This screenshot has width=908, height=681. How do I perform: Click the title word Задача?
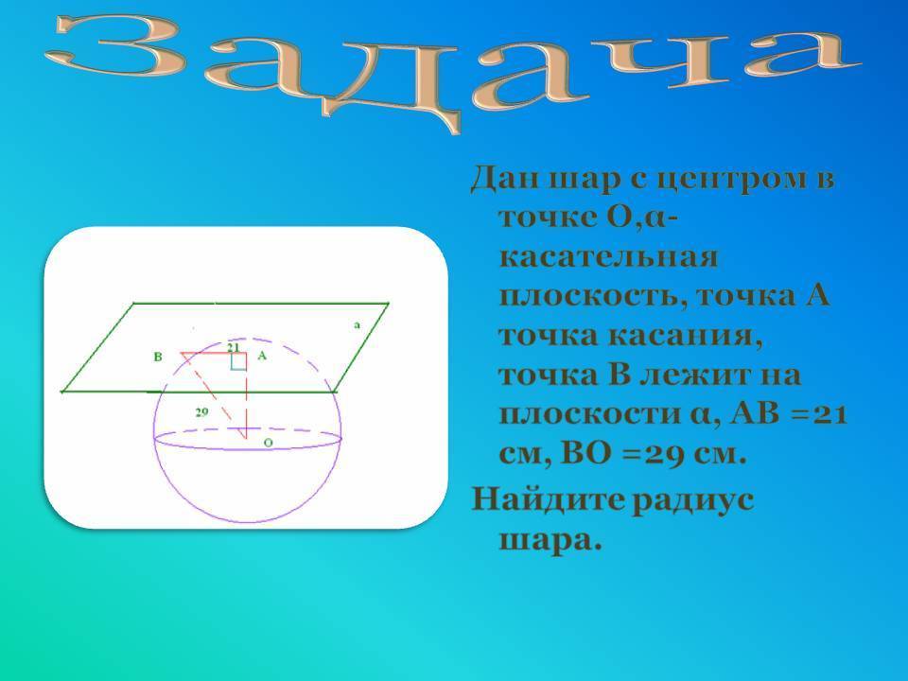tap(452, 69)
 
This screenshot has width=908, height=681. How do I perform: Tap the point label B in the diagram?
tap(158, 357)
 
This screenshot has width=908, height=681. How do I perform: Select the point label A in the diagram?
tap(262, 356)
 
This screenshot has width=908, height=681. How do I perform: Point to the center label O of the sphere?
tap(268, 443)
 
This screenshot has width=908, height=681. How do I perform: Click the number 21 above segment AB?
tap(233, 347)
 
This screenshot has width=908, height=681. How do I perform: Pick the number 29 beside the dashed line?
tap(201, 412)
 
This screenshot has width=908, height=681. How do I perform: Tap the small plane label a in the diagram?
tap(357, 324)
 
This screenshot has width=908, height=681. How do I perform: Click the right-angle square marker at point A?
tap(238, 360)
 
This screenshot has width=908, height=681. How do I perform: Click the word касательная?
tap(608, 256)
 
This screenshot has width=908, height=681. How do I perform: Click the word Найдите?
tap(548, 498)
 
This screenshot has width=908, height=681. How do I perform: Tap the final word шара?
tap(550, 541)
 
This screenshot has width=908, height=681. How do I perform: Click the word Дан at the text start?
tap(504, 179)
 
